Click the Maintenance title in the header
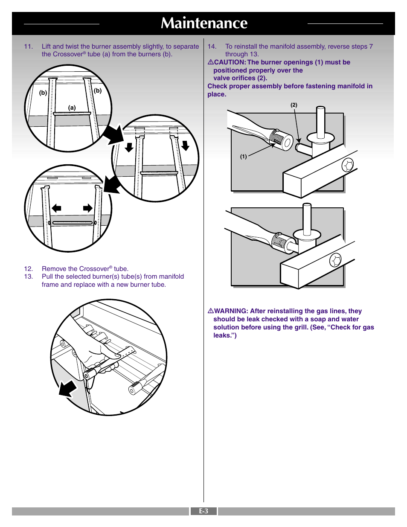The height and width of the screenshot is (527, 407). [204, 23]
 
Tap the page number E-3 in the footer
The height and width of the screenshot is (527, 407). [203, 511]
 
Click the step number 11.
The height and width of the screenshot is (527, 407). [28, 47]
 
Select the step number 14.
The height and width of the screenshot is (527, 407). [212, 47]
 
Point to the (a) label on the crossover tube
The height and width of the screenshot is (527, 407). [72, 108]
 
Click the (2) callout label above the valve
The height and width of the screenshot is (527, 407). [294, 105]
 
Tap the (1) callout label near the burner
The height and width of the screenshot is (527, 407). [243, 157]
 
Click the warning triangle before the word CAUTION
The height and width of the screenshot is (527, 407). [211, 62]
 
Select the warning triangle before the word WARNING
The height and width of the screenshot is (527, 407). [211, 311]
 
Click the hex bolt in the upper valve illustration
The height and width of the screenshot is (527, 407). [347, 165]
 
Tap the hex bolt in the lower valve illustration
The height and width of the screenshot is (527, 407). [336, 260]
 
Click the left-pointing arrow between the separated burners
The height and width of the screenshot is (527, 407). [56, 208]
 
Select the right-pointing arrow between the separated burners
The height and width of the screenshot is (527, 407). [88, 208]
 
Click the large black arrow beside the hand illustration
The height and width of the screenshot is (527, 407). [68, 389]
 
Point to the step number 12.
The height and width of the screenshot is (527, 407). [28, 269]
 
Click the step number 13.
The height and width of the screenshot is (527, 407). [28, 277]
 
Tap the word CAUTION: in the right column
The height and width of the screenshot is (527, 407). [230, 62]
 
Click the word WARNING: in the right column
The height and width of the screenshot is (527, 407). [231, 311]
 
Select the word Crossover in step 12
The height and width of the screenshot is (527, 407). [94, 269]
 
